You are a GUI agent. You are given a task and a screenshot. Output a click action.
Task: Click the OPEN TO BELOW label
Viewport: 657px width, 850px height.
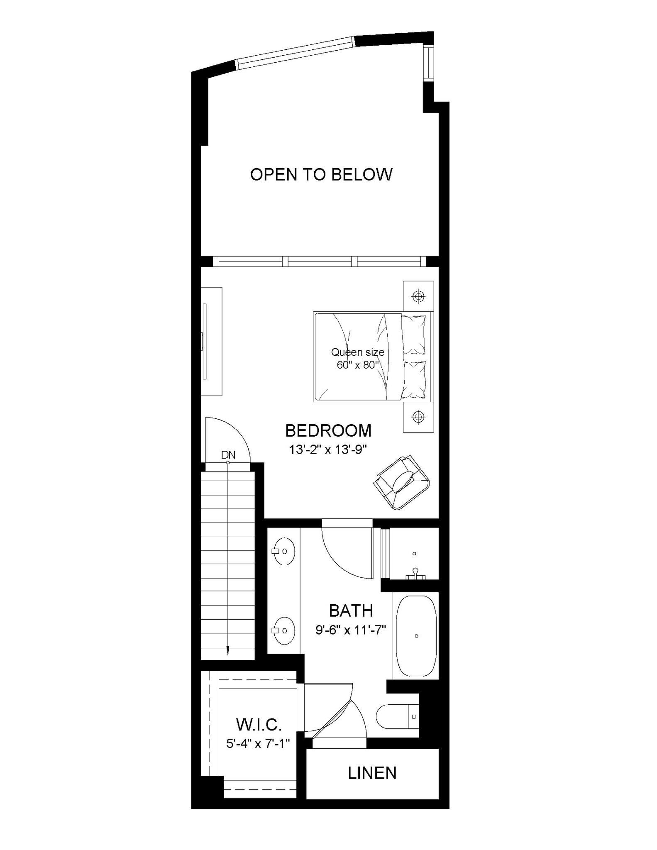(321, 175)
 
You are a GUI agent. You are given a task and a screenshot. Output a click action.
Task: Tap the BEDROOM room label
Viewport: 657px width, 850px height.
(328, 431)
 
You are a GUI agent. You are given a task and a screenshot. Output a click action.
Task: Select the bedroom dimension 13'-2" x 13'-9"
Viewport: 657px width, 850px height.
(328, 449)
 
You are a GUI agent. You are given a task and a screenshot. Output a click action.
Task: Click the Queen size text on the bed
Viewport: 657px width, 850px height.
(357, 352)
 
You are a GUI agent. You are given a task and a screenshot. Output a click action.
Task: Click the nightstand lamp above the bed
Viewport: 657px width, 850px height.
(418, 296)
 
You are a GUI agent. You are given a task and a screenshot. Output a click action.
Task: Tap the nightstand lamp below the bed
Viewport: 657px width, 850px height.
(418, 416)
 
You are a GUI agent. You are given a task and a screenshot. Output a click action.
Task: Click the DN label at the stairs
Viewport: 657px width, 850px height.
(228, 455)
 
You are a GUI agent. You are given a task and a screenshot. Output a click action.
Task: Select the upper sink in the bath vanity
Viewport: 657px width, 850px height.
(284, 551)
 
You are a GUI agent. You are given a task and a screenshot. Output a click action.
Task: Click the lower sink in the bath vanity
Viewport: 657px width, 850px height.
(284, 630)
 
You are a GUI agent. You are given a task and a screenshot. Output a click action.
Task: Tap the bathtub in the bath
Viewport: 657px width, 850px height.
(416, 635)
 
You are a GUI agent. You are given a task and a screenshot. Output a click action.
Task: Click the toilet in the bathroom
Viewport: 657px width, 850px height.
(396, 716)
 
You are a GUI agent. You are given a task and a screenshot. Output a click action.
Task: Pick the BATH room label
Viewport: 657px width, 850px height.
(351, 611)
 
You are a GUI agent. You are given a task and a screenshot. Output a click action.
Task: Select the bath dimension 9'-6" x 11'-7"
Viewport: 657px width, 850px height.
(351, 630)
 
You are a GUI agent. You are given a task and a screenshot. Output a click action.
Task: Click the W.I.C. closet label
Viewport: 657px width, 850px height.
(259, 725)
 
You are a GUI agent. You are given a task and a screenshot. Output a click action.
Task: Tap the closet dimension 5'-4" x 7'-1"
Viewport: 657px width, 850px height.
(258, 743)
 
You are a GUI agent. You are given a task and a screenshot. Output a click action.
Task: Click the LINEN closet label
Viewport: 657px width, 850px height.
(372, 773)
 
